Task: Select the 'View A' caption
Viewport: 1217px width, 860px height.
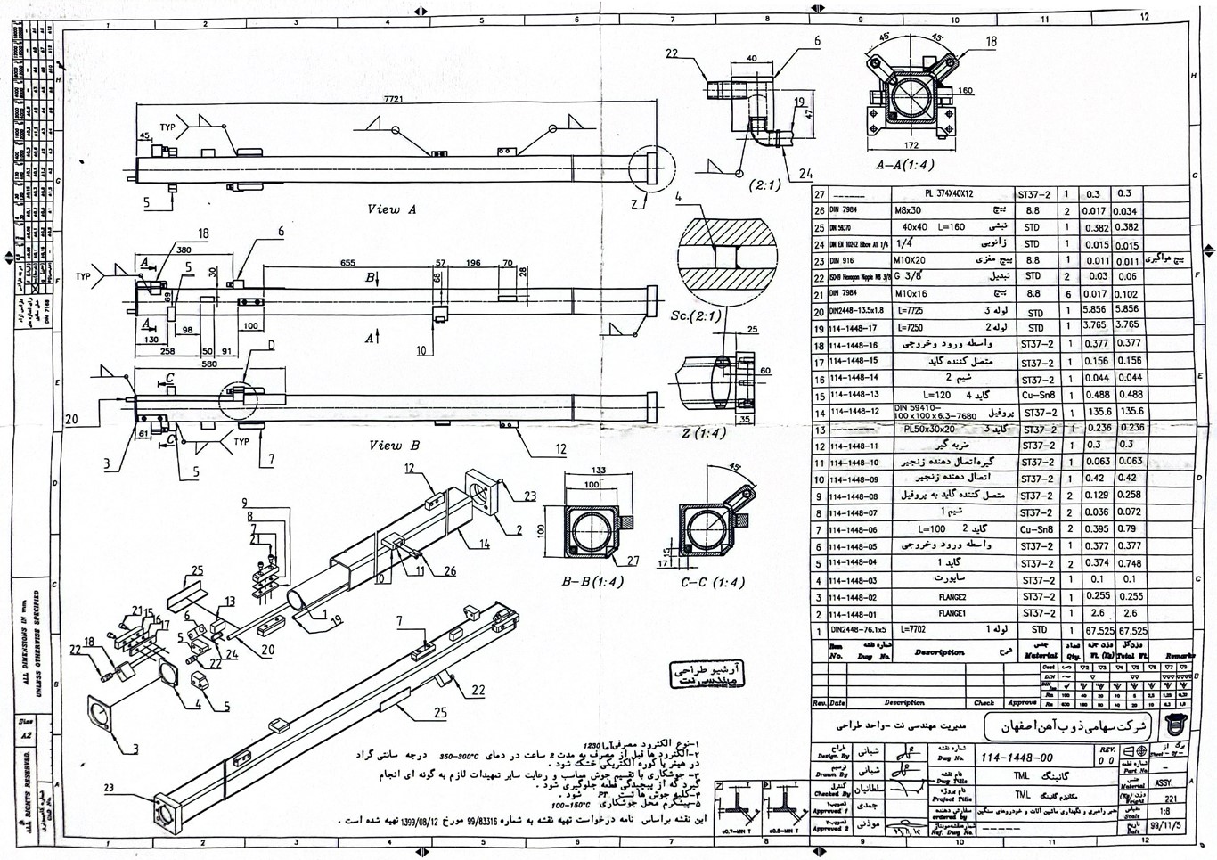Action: click(392, 209)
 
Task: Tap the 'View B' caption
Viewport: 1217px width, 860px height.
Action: click(394, 446)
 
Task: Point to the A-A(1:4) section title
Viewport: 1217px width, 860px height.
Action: click(904, 165)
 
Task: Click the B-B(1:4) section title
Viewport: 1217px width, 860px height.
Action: click(592, 582)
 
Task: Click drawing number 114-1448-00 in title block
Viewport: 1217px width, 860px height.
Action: click(1017, 757)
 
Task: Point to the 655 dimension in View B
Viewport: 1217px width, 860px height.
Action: click(347, 263)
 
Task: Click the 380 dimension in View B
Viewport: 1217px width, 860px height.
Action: click(184, 250)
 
